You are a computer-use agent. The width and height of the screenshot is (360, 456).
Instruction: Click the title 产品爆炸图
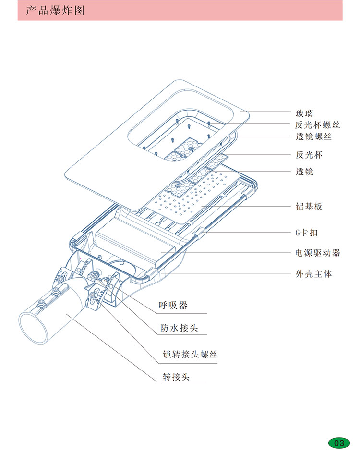[55, 11]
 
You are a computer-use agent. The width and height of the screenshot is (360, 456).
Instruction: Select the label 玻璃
[304, 113]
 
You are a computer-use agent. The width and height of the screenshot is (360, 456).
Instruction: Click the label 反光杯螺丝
[317, 125]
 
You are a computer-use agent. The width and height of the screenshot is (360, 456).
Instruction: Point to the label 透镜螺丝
[313, 137]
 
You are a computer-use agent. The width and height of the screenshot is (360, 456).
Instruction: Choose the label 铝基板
[309, 207]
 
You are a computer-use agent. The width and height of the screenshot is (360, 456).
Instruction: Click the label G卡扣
[306, 233]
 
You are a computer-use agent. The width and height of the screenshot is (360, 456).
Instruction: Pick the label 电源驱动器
[317, 252]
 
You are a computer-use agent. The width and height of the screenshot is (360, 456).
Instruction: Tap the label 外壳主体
[313, 274]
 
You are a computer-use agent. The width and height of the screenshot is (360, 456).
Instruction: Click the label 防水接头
[179, 328]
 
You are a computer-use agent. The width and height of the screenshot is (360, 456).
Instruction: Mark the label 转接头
[176, 377]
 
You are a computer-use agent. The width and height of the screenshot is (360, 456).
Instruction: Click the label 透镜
[304, 171]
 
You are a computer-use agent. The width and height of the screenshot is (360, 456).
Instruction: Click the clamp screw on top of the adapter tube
[42, 301]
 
